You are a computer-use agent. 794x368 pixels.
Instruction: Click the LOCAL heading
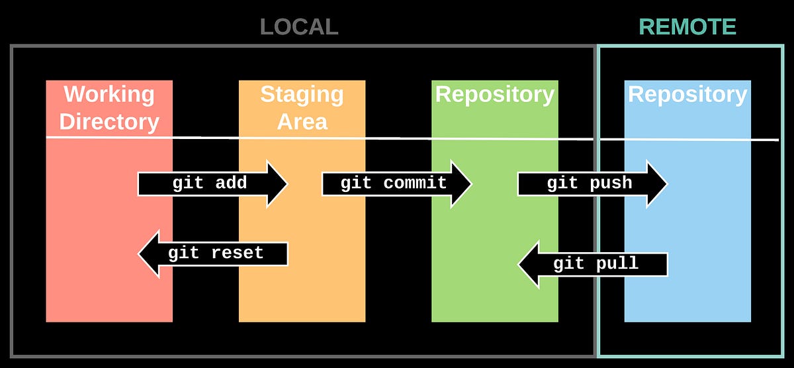tap(299, 26)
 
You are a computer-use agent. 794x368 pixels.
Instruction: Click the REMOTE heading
tap(687, 26)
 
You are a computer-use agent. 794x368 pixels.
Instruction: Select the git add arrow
tap(212, 183)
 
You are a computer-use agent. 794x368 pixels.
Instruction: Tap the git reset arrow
tap(212, 253)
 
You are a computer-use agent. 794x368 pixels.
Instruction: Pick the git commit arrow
tap(396, 183)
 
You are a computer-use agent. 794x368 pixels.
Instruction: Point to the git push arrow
tap(592, 183)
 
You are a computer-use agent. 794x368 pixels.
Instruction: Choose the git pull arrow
tap(592, 264)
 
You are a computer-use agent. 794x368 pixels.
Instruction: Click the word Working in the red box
tap(109, 94)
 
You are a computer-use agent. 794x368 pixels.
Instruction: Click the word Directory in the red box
tap(109, 122)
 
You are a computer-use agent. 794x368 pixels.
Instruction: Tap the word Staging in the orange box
tap(302, 94)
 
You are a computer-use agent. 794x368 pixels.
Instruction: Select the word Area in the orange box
tap(302, 122)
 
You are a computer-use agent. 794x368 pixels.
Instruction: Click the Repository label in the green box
tap(494, 95)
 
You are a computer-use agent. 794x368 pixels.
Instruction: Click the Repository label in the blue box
tap(687, 95)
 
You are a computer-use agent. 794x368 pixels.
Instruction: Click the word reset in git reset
tap(237, 253)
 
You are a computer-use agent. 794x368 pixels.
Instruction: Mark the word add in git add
tap(231, 183)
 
